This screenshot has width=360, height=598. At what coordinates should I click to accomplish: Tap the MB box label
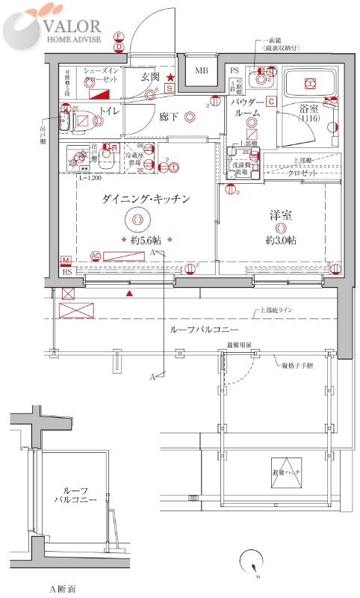(201, 71)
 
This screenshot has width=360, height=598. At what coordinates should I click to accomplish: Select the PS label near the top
(234, 71)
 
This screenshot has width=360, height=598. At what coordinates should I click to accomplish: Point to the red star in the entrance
(170, 77)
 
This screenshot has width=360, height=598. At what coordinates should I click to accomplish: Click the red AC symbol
(95, 255)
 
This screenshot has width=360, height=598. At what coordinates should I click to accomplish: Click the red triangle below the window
(131, 294)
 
